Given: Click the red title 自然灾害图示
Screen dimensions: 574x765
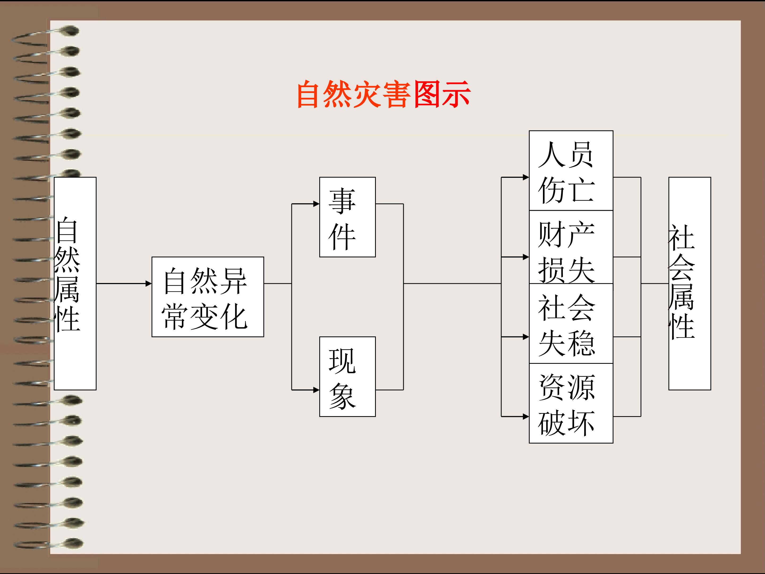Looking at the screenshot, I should click(x=383, y=94).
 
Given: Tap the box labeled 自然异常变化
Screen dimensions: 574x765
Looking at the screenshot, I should click(x=207, y=297).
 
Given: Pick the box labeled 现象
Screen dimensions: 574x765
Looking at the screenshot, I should click(x=347, y=377).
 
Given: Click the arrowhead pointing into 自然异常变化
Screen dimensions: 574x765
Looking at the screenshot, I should click(x=149, y=284).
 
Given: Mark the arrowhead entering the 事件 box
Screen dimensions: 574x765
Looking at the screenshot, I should click(x=316, y=204).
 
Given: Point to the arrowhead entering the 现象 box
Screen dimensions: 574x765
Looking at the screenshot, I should click(x=316, y=390).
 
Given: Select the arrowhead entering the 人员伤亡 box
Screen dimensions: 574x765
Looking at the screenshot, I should click(x=526, y=177).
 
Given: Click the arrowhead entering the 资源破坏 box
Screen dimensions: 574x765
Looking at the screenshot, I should click(x=526, y=417).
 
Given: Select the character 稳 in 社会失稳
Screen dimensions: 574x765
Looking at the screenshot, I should click(x=582, y=343).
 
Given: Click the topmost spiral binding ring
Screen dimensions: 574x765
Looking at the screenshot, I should click(x=69, y=31).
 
